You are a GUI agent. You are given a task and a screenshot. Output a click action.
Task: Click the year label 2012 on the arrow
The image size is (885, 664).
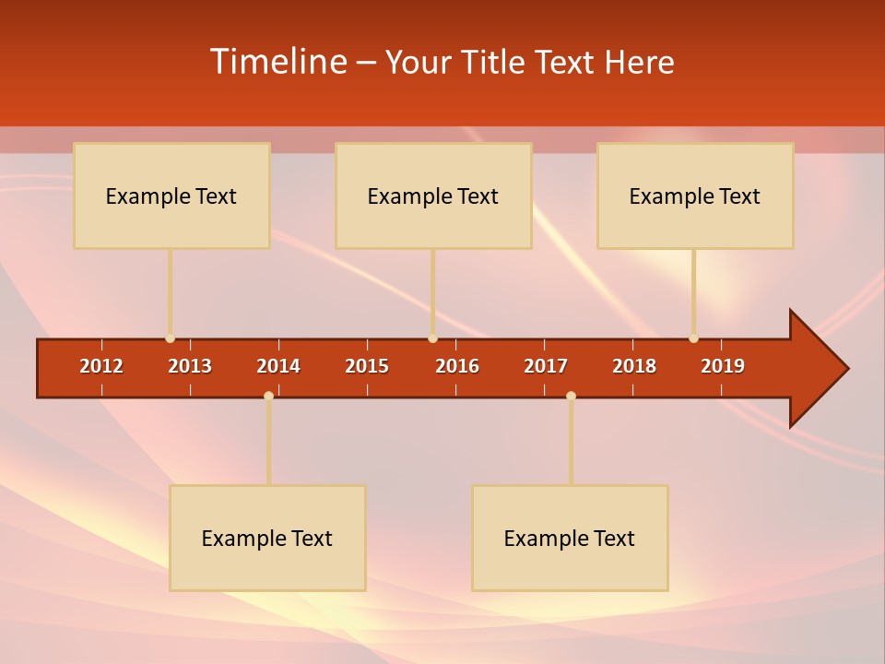coord(101,366)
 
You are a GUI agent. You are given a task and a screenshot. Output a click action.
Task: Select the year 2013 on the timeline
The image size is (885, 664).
coord(190,366)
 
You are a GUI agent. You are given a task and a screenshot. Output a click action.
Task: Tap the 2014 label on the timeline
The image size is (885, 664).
coord(278,366)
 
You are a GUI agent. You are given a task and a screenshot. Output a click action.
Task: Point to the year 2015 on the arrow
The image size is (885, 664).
coord(367,366)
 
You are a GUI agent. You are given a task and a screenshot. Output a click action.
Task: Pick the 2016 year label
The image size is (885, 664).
coord(457,366)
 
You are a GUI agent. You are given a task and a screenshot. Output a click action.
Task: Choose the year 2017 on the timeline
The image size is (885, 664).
coord(546,366)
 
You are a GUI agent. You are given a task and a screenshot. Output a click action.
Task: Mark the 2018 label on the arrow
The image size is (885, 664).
coord(634,366)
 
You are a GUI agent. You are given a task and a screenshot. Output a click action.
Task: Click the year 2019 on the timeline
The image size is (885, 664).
coord(723,366)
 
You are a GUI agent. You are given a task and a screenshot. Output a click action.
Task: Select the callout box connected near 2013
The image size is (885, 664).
coord(171,196)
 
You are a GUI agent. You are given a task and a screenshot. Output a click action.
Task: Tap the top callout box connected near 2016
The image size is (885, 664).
coord(433,196)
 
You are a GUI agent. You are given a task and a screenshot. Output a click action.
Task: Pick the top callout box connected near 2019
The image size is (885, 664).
coord(695,196)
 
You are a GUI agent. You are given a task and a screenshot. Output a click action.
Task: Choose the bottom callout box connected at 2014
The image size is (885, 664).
coord(267,538)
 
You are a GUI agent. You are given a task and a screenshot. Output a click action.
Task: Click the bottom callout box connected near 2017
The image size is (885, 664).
coord(570,538)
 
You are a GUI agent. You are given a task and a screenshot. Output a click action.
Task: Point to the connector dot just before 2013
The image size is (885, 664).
coord(170,338)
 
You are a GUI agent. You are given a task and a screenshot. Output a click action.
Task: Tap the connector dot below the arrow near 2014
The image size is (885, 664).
coord(268,396)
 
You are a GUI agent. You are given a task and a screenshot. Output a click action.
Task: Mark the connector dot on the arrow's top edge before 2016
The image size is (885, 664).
coord(432,338)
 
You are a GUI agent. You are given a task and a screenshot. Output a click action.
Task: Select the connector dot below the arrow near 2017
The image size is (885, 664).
coord(571,396)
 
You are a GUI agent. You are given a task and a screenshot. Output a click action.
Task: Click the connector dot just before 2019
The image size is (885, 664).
coord(693,338)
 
